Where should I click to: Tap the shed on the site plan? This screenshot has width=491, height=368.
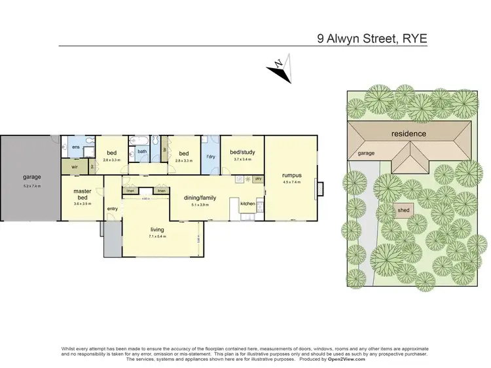[403, 210]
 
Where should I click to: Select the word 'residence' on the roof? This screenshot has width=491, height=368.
[409, 134]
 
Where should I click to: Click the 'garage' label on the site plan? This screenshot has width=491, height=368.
[366, 153]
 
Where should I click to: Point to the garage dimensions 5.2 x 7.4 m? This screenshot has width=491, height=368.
[31, 186]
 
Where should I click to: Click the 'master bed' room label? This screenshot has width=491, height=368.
[83, 194]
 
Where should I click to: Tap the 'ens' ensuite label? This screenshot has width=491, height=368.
[75, 147]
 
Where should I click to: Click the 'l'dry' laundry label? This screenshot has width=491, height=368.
[211, 158]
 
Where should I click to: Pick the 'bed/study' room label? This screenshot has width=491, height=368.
[242, 152]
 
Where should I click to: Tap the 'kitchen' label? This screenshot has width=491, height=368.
[247, 204]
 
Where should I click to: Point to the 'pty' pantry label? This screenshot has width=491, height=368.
[259, 178]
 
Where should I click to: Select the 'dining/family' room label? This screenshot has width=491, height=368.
[199, 197]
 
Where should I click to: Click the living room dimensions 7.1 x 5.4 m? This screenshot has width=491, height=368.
[158, 236]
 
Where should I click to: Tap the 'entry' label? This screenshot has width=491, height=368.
[113, 209]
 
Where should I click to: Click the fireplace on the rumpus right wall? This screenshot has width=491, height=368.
[319, 187]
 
